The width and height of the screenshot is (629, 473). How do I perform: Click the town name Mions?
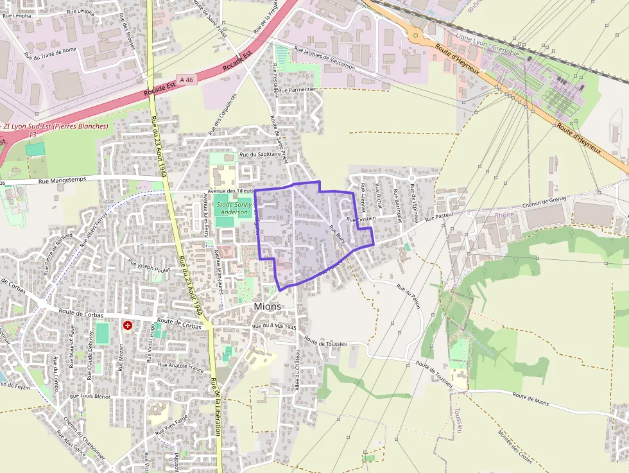267,306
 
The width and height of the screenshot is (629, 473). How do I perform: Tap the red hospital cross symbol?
128,326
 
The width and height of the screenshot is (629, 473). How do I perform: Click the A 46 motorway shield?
187,79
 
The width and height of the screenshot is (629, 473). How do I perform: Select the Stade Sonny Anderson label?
234,208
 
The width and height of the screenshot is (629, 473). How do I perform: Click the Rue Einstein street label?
361,219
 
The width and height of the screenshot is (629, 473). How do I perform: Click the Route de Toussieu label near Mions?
326,342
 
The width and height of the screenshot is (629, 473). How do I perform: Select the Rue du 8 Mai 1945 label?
274,327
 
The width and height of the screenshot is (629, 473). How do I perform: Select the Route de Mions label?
531,400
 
